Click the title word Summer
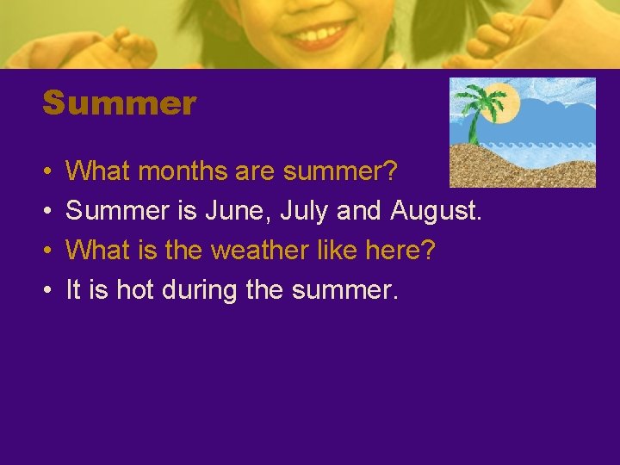[x=120, y=104]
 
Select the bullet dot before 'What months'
[x=46, y=172]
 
